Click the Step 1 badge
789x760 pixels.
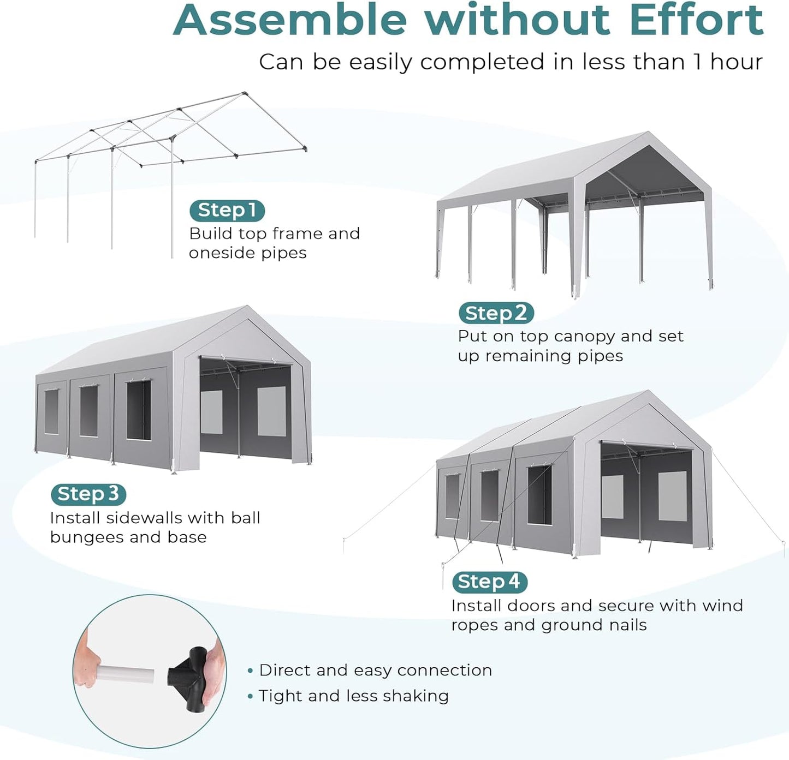[x=227, y=211]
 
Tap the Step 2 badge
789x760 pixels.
[x=496, y=313]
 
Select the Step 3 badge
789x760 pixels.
[x=88, y=494]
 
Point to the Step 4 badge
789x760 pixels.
[x=489, y=582]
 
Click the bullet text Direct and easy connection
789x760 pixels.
[x=375, y=670]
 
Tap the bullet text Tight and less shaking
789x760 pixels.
[x=353, y=696]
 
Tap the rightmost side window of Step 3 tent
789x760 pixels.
[x=139, y=410]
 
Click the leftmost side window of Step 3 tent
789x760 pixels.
[x=51, y=411]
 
